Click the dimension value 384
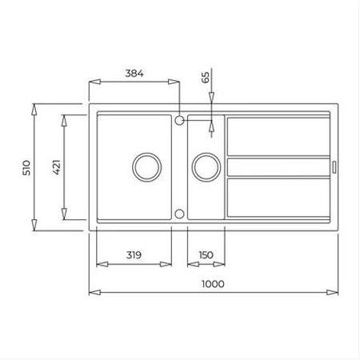pyautogui.click(x=134, y=73)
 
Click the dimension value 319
pyautogui.click(x=134, y=255)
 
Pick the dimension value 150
pyautogui.click(x=206, y=255)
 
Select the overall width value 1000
pyautogui.click(x=213, y=283)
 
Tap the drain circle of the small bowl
pyautogui.click(x=204, y=166)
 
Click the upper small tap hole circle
pyautogui.click(x=180, y=121)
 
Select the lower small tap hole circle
pyautogui.click(x=180, y=214)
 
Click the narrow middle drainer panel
pyautogui.click(x=278, y=167)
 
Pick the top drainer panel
pyautogui.click(x=278, y=137)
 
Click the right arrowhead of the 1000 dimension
pyautogui.click(x=336, y=293)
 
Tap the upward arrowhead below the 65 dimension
pyautogui.click(x=211, y=126)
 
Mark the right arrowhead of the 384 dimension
pyautogui.click(x=175, y=82)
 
